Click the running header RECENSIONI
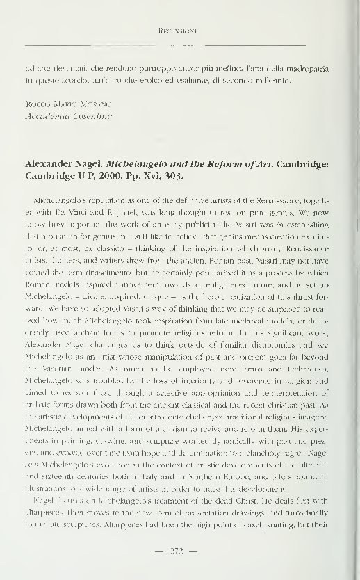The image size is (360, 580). coord(179,31)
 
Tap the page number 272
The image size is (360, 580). coord(180,551)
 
